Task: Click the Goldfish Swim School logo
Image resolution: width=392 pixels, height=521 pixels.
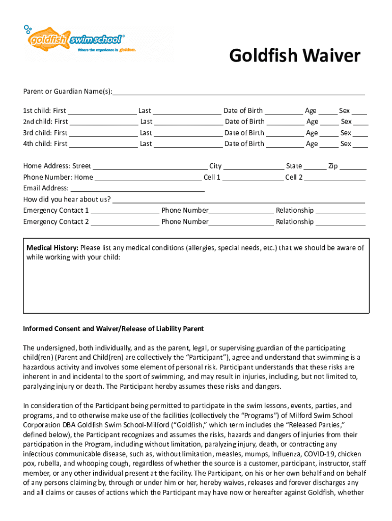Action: [x=74, y=40]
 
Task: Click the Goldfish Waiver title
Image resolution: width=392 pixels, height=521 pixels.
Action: [x=294, y=56]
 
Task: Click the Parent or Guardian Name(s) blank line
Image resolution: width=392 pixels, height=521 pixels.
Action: [x=238, y=92]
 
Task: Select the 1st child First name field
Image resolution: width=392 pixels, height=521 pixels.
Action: [x=102, y=111]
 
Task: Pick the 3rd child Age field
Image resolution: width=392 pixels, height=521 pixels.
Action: [x=329, y=133]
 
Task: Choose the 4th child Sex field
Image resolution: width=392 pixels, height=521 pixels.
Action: [x=360, y=144]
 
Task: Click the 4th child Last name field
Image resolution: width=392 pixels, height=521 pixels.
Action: [x=188, y=144]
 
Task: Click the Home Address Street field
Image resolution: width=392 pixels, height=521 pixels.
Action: [x=150, y=166]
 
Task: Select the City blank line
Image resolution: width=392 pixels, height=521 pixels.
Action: [x=254, y=166]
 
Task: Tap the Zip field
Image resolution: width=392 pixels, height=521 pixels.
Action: [x=353, y=166]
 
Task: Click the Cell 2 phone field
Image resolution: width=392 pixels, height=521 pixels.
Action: [x=335, y=178]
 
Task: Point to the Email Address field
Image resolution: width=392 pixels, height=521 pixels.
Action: [x=137, y=189]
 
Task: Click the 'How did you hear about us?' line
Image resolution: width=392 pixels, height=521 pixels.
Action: [x=238, y=199]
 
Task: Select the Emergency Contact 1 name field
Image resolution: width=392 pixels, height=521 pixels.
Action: [x=125, y=211]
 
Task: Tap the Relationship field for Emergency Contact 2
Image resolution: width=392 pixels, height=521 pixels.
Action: [x=341, y=222]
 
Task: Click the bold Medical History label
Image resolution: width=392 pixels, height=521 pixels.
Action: [x=52, y=248]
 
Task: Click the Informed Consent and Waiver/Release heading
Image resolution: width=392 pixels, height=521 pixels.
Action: [x=113, y=329]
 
